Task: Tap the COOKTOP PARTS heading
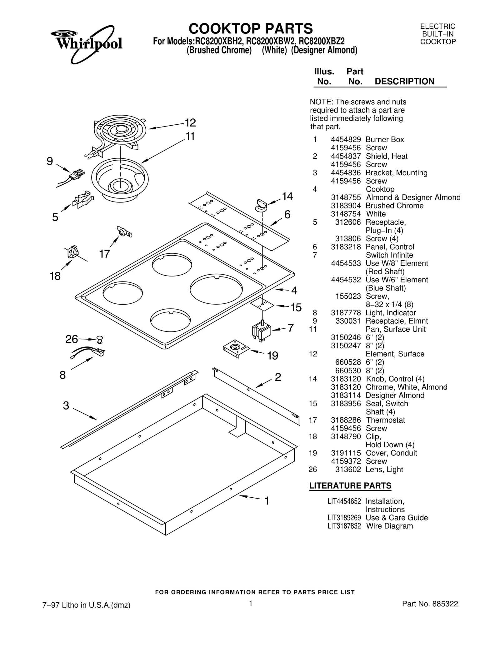point(250,29)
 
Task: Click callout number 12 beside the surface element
point(190,123)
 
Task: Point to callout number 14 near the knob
point(287,197)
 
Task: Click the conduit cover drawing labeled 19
point(236,348)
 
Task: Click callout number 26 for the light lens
point(72,339)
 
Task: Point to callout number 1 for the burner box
point(267,501)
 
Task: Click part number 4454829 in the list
point(346,140)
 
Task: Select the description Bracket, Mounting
point(396,173)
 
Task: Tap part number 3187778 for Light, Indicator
point(346,313)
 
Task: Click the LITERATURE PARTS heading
point(350,486)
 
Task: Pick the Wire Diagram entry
point(389,526)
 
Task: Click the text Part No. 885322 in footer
point(430,604)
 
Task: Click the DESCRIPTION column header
point(404,82)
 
